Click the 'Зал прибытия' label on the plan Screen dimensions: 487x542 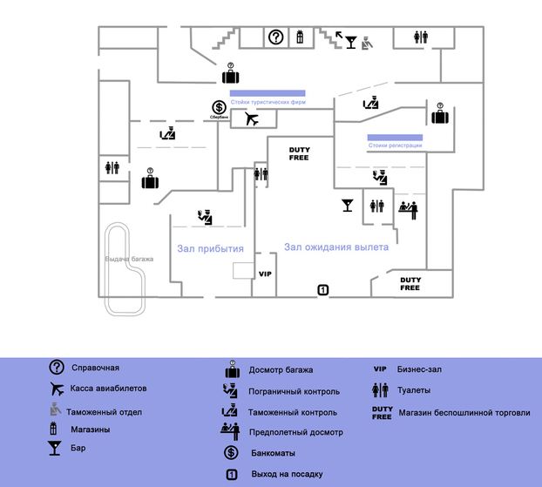(210, 248)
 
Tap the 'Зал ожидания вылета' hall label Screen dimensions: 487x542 (335, 247)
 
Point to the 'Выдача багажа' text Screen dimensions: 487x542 (129, 259)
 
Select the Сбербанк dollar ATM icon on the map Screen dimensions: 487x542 (220, 108)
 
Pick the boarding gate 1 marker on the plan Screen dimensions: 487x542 (322, 289)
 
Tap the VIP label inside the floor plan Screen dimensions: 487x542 (266, 274)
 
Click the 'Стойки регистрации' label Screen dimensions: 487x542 (395, 145)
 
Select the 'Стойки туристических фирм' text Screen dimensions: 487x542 (268, 102)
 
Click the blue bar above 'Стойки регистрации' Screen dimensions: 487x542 (395, 137)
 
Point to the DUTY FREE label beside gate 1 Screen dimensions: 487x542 (410, 283)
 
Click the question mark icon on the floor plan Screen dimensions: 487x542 (275, 37)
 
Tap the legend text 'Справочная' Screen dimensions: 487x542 (95, 368)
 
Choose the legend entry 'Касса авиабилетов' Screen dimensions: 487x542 (108, 388)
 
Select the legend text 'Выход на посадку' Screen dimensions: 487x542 (286, 474)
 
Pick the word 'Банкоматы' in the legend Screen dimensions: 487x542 (272, 453)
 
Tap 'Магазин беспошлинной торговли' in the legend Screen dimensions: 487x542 (464, 412)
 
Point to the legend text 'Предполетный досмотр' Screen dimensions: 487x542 (295, 432)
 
